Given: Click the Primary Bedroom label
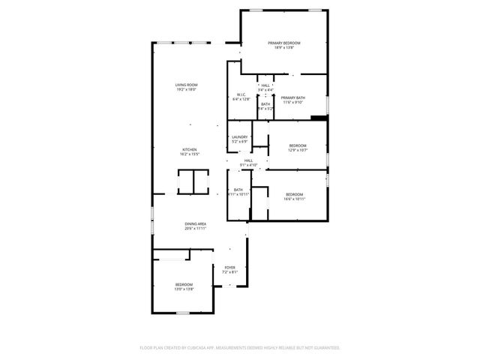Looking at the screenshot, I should (284, 43).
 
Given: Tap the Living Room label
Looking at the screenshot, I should (187, 85).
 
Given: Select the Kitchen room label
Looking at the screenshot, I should (190, 149).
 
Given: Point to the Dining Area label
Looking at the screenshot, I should (196, 223).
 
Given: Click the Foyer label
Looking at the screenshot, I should (229, 267).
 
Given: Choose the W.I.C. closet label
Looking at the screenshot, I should (240, 94).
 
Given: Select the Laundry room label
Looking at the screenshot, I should (239, 136).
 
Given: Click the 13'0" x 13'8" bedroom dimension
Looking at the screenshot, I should (184, 289).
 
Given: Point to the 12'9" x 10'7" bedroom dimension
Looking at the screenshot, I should (298, 150).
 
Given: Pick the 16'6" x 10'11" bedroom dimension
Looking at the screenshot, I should (294, 199).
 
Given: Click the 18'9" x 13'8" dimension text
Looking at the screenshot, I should (284, 48).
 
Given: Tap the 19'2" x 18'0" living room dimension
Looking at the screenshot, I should (187, 90).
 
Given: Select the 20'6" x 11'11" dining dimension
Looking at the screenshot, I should (196, 229).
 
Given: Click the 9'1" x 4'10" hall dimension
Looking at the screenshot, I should (248, 165).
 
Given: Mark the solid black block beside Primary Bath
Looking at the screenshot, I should (319, 117).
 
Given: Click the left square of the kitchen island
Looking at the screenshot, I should (185, 182).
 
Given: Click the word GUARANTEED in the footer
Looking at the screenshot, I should (326, 348).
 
